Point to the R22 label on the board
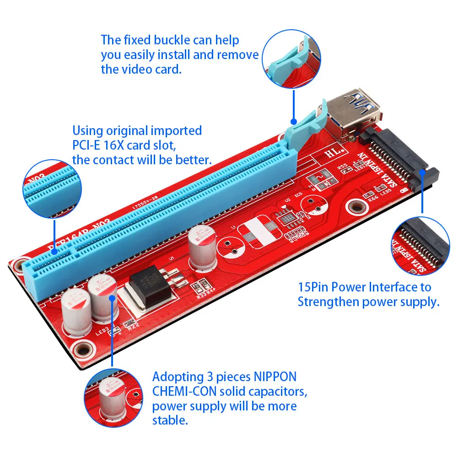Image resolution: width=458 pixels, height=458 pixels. pos(134,326)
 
